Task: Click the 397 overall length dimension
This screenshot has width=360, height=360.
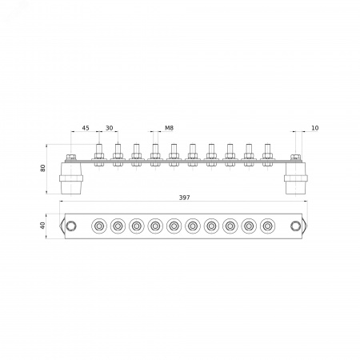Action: [184, 198]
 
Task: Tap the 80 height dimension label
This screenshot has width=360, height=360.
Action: [42, 168]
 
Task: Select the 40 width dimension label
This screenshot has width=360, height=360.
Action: [42, 226]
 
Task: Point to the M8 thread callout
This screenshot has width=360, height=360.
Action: [169, 128]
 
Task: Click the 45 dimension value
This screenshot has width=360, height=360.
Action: [86, 128]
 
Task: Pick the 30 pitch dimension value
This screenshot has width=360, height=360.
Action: [110, 128]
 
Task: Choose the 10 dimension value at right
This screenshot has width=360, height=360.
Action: [315, 128]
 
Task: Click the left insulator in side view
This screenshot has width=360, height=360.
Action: [71, 178]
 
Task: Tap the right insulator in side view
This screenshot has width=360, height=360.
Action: [296, 178]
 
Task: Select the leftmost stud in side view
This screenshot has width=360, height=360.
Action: [99, 155]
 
